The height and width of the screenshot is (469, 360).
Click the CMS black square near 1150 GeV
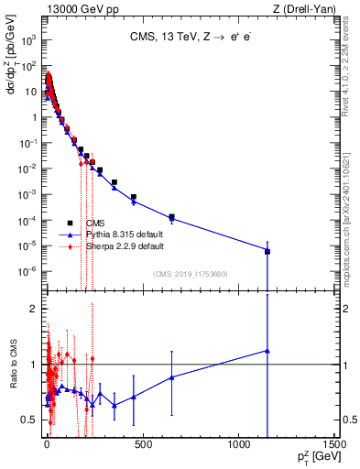pyautogui.click(x=267, y=251)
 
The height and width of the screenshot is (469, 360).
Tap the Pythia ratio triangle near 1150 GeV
pyautogui.click(x=267, y=350)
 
